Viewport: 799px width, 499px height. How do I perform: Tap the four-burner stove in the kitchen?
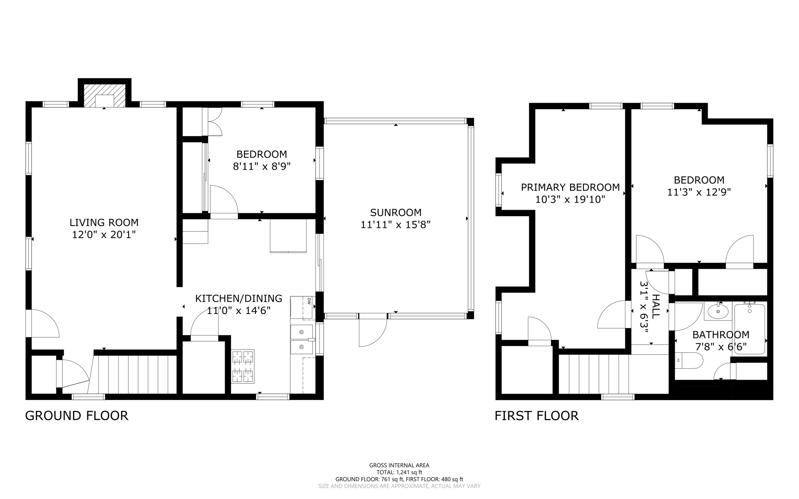243,366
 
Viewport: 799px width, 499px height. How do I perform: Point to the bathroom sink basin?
718,312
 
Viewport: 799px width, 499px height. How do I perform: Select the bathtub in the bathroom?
749,329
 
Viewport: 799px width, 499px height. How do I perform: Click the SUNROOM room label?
396,213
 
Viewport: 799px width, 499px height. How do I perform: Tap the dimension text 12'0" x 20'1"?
104,234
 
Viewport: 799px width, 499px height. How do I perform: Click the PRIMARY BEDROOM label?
570,187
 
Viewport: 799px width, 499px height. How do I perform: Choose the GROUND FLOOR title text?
76,416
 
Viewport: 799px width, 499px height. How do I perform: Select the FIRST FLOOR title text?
536,416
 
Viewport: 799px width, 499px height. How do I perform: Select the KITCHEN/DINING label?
238,298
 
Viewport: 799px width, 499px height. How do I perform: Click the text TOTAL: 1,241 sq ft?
399,472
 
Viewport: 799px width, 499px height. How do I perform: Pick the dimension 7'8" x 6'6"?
721,346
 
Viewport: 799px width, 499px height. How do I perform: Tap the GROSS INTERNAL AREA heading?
399,465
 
